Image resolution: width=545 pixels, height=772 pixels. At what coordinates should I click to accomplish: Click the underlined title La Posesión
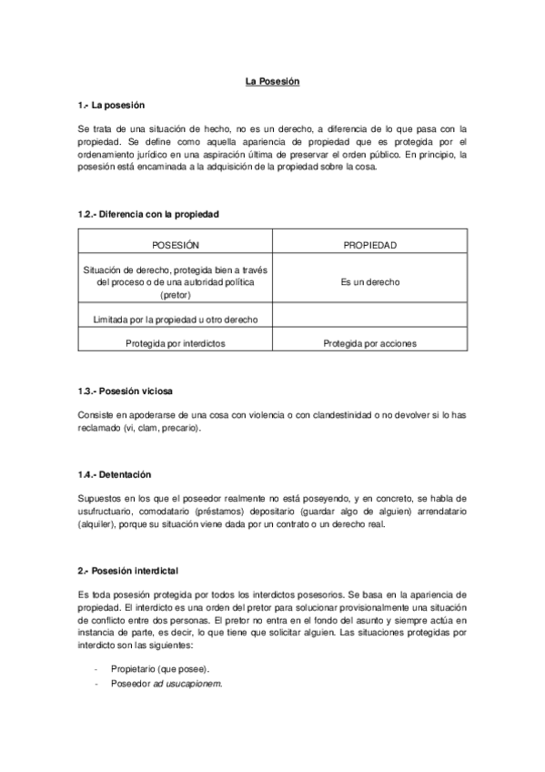point(272,82)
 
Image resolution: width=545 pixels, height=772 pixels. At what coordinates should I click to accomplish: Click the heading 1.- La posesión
point(112,106)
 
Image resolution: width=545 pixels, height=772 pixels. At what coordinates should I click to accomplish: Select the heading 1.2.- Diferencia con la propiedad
point(147,214)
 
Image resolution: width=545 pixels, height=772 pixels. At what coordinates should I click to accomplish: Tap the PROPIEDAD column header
point(369,245)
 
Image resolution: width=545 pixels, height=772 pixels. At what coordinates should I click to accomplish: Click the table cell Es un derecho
point(369,282)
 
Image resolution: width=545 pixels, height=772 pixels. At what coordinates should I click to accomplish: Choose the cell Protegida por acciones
point(369,343)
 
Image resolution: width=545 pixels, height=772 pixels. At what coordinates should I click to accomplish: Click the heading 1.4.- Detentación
point(114,475)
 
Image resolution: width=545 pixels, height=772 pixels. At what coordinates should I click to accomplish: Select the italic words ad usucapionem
point(194,683)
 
